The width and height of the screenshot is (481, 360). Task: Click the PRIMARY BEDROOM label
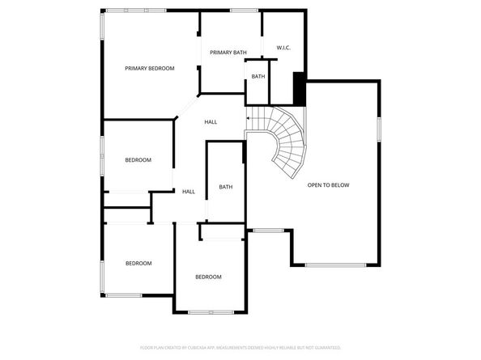point(149,69)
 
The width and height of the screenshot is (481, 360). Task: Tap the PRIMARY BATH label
point(228,53)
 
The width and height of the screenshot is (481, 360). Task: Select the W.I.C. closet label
point(283,48)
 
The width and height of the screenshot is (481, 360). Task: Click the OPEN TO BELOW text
point(328,185)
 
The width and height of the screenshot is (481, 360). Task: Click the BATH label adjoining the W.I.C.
point(258,77)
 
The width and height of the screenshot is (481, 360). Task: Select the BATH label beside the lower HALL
point(226,187)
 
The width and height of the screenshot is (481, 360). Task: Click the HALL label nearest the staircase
point(211,122)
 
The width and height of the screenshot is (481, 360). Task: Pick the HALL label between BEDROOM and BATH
point(189,192)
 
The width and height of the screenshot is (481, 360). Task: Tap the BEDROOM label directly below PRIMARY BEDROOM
point(138,159)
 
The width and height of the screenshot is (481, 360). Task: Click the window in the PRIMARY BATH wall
point(243,11)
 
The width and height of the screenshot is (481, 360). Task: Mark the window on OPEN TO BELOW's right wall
point(378,129)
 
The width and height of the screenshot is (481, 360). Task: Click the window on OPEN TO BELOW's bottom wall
point(335,265)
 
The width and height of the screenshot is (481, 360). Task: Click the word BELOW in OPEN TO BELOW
point(340,185)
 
